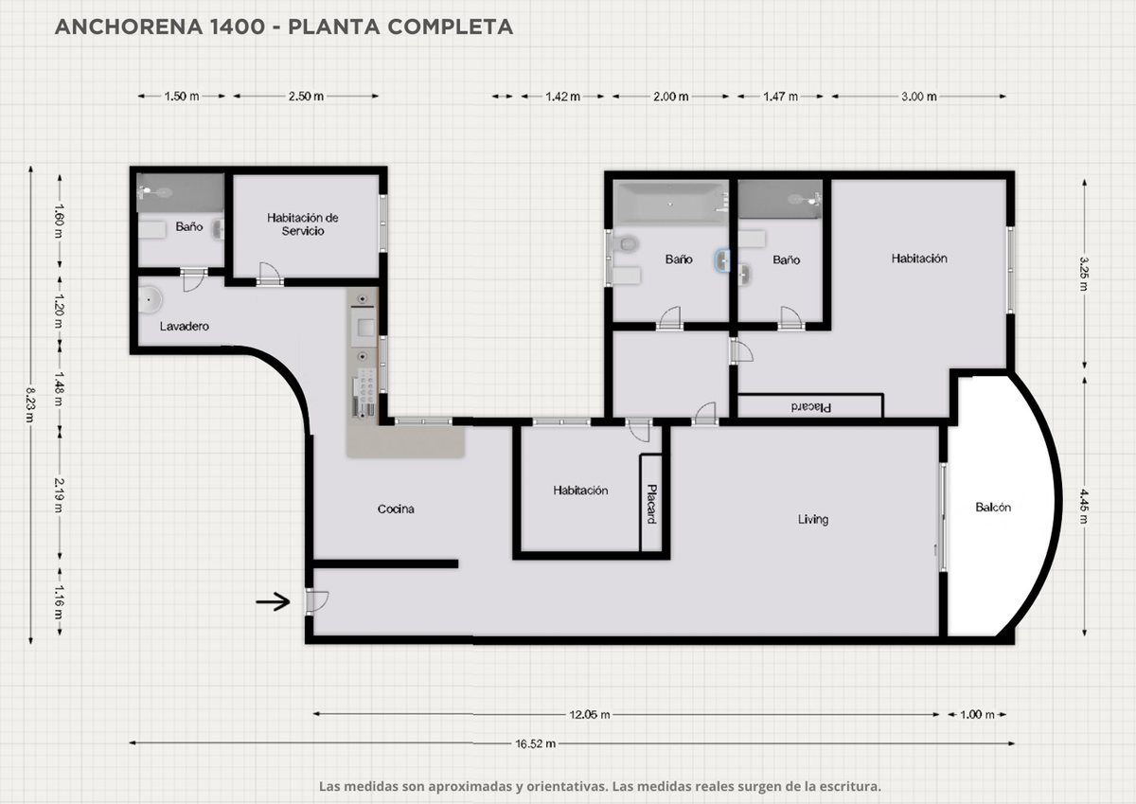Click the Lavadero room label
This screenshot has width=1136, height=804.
coord(184,326)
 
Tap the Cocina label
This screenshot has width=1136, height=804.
coord(396,509)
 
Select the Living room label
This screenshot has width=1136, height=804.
coord(813,520)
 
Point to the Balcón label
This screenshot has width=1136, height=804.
coord(993,508)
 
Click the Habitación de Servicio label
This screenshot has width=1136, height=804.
coord(303,224)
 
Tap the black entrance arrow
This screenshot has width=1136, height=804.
coord(273,602)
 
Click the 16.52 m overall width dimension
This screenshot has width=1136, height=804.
coord(536,744)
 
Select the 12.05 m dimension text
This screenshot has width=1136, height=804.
coord(589,715)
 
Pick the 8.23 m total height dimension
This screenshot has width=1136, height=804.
coord(31,404)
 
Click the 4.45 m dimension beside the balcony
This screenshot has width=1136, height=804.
coord(1084,506)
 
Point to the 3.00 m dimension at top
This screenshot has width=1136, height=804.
coord(919,97)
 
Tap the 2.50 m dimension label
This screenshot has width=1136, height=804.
coord(306,96)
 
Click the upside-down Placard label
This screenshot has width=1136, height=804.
coord(811,407)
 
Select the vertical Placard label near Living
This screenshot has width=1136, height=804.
coord(651,504)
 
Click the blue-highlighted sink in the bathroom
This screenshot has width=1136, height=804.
coord(722,260)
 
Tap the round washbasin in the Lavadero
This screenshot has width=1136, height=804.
coord(150,299)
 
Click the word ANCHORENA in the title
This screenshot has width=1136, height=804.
coord(129,27)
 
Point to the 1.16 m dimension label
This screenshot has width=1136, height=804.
coord(60,602)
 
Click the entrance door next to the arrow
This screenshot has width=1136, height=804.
coord(315,602)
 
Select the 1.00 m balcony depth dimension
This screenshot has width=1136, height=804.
coord(977,715)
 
